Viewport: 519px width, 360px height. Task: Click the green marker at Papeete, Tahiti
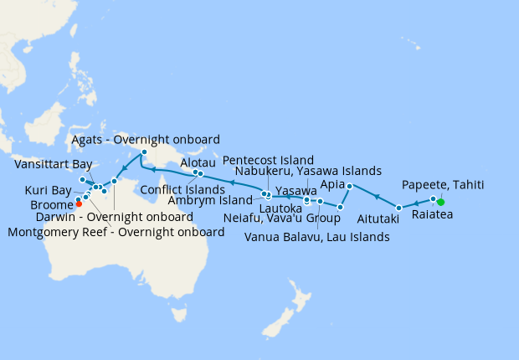[440, 202]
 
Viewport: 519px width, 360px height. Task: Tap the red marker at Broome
[79, 203]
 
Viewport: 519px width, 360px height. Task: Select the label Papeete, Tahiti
[442, 184]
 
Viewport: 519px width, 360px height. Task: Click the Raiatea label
[432, 214]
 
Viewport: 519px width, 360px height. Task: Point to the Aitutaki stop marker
[399, 207]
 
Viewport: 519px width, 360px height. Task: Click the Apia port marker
[349, 185]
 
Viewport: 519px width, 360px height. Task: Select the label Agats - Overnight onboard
[146, 139]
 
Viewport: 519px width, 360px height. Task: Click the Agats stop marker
[144, 152]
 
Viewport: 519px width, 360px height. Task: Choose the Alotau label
[198, 164]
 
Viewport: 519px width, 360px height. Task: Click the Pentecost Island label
[268, 159]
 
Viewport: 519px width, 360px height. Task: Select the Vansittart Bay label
[53, 165]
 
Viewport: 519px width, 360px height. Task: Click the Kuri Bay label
[48, 190]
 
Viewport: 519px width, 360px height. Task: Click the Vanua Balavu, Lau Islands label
[316, 237]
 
